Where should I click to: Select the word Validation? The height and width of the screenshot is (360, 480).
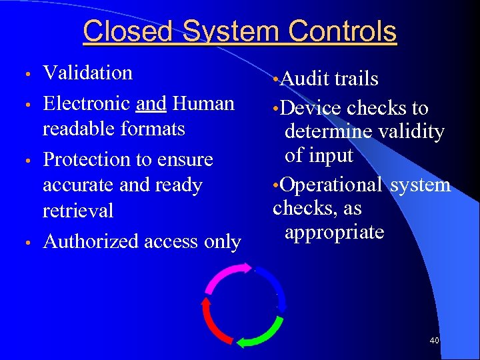pyautogui.click(x=87, y=73)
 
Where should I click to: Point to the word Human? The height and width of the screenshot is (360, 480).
pyautogui.click(x=203, y=104)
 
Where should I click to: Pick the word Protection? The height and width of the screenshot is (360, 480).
pyautogui.click(x=87, y=160)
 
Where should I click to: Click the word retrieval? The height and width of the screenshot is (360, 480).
pyautogui.click(x=78, y=211)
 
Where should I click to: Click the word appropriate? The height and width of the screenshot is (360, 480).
pyautogui.click(x=334, y=232)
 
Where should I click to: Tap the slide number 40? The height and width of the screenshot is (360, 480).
pyautogui.click(x=435, y=341)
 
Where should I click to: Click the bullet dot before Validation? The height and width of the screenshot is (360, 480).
pyautogui.click(x=27, y=73)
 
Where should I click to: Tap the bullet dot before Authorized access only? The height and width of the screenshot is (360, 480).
pyautogui.click(x=27, y=243)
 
